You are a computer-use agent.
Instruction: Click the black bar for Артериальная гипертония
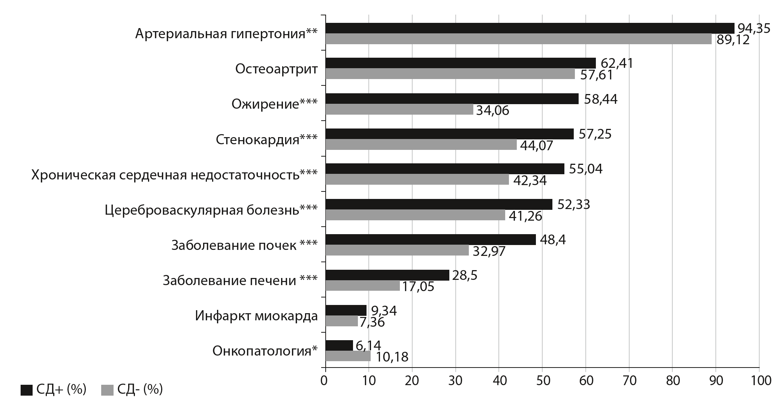coord(530,28)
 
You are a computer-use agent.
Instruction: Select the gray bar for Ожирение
coord(399,109)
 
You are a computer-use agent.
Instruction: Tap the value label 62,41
coord(616,63)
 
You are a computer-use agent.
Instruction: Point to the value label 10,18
coord(392,357)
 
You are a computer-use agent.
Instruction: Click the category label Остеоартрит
coord(276,69)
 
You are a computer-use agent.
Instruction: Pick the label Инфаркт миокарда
coord(256,316)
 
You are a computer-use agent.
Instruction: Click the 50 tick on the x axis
coord(542,381)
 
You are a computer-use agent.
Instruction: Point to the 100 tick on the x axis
coord(759,381)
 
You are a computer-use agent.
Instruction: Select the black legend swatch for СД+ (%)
coord(27,390)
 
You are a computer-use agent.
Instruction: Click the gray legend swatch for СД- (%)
coord(107,390)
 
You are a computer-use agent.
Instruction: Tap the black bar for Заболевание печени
coord(387,275)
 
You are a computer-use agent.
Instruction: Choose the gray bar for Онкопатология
coord(348,356)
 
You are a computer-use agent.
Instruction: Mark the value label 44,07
coord(537,146)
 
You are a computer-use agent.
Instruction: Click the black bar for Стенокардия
coord(449,134)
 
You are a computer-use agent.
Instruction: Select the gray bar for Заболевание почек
coord(397,250)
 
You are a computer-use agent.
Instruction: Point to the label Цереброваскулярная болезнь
coord(211,210)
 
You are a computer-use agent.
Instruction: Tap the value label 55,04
coord(586,169)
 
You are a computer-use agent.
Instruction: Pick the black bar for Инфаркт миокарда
coord(346,310)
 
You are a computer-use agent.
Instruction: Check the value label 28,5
coord(465,275)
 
